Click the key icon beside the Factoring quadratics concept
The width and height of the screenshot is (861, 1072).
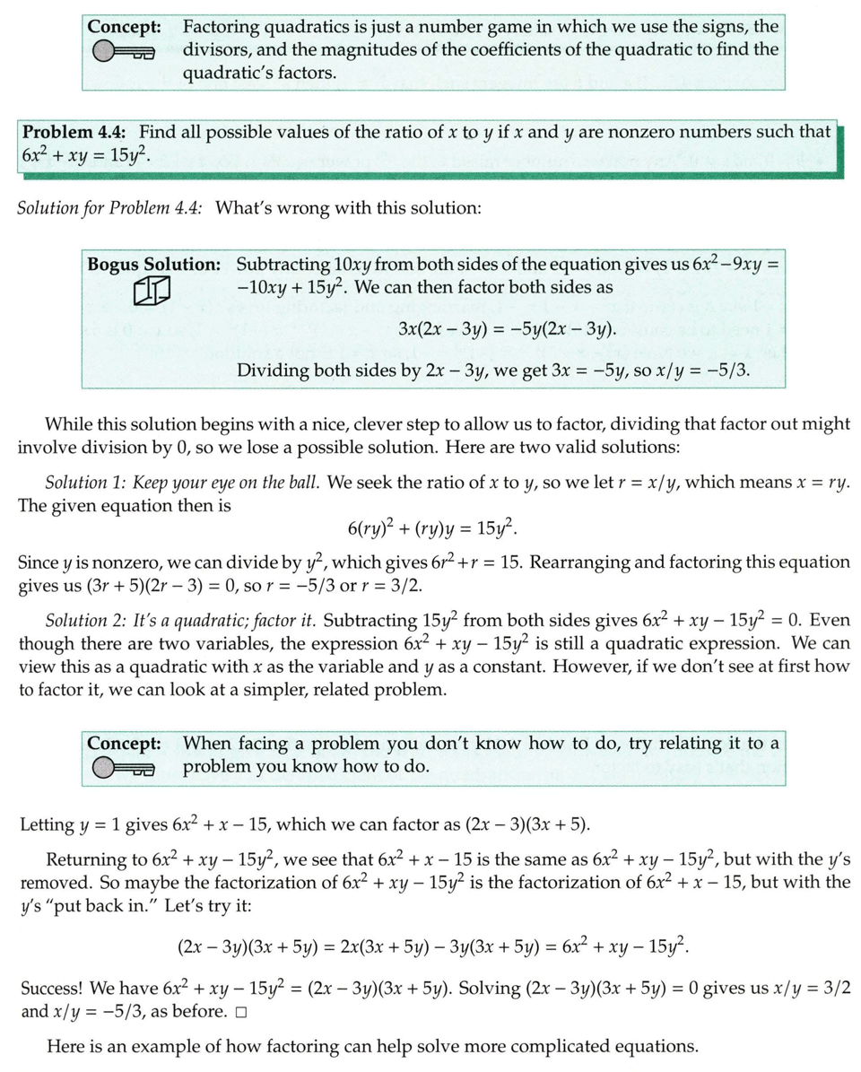point(123,54)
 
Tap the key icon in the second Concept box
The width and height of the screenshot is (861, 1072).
point(123,768)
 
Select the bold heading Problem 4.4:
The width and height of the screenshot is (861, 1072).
point(76,132)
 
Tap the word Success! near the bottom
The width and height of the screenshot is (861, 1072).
point(53,989)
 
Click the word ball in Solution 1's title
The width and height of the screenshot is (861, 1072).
point(301,483)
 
